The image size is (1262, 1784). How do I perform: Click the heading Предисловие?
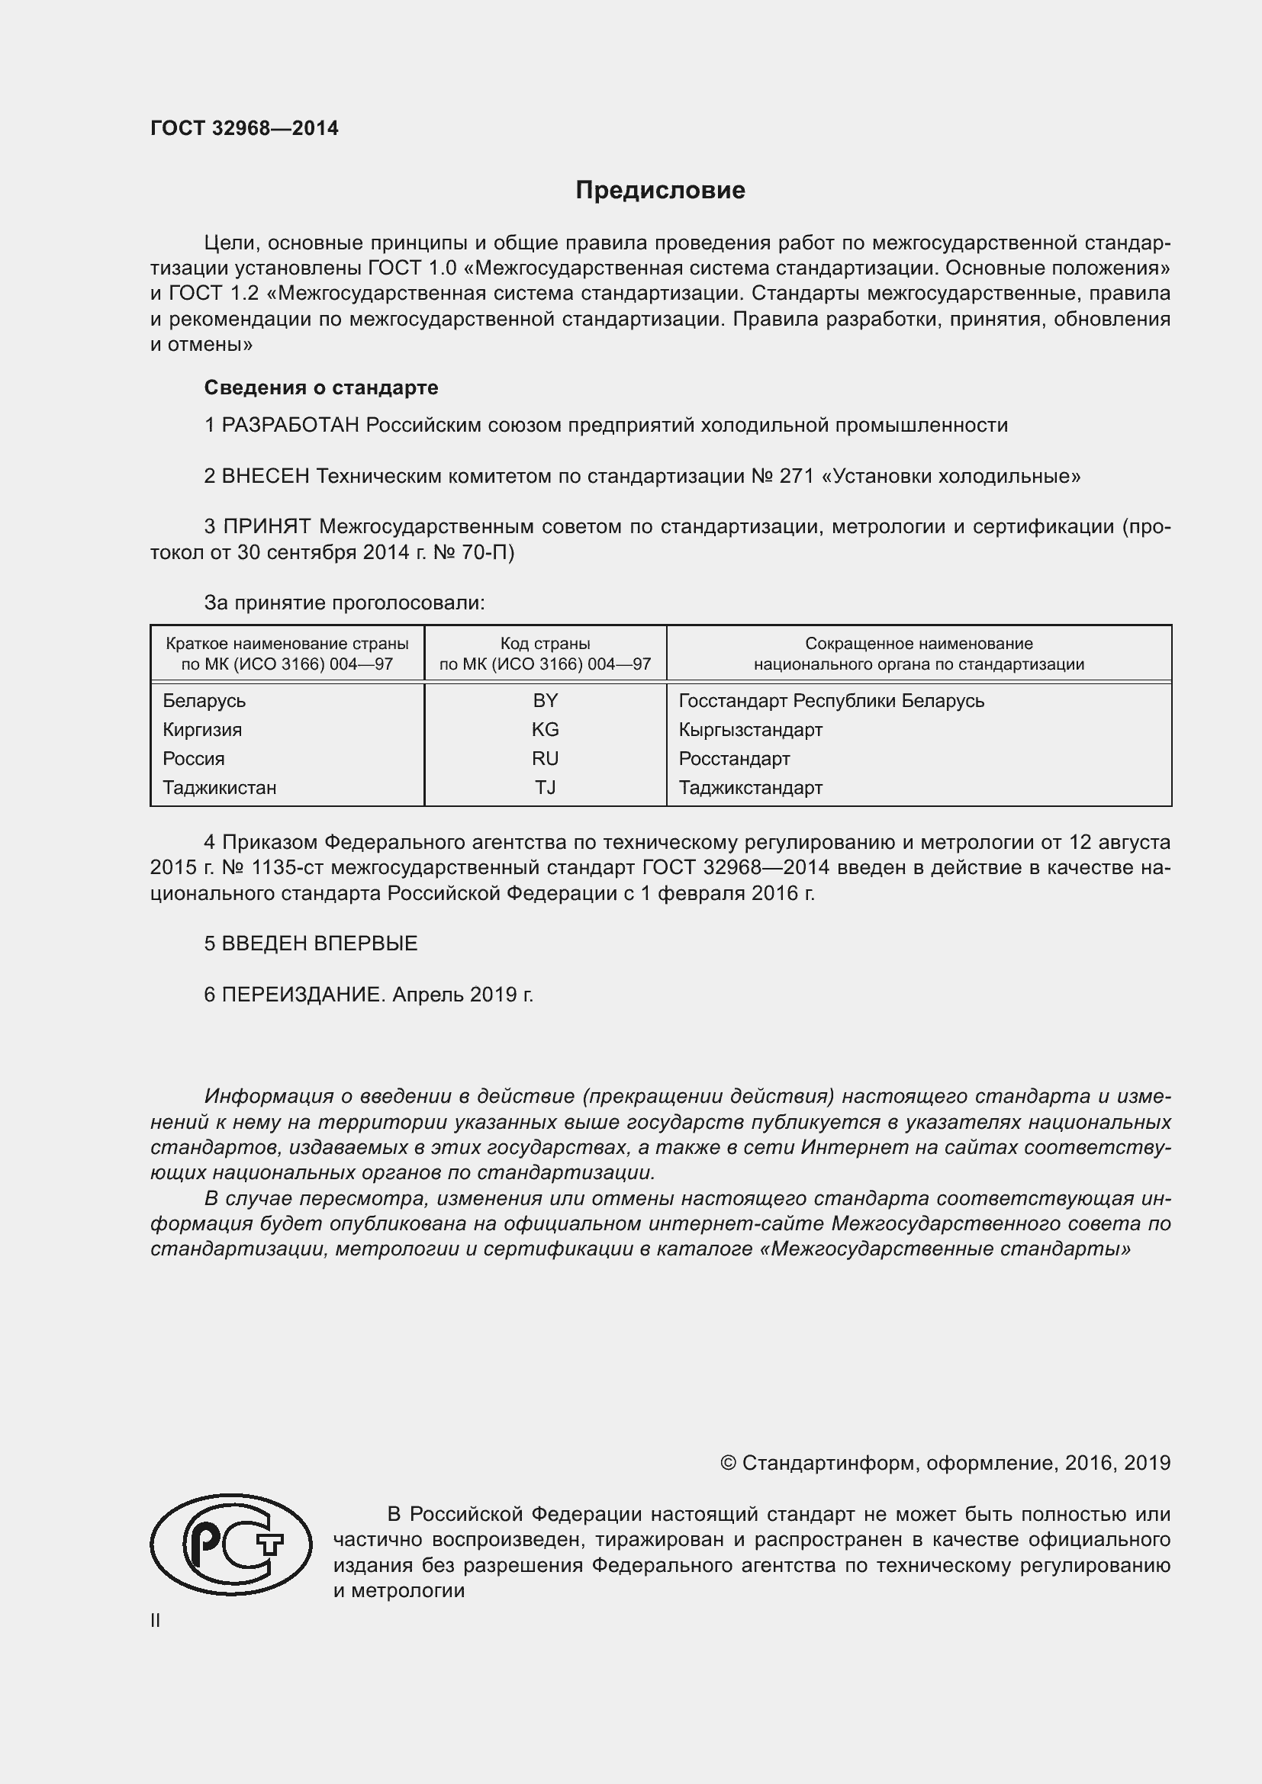660,191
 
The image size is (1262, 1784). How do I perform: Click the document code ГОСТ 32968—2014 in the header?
244,128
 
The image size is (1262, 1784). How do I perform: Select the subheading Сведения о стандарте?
321,387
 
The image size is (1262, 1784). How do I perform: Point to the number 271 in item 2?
796,475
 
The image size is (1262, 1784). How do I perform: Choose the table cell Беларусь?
204,700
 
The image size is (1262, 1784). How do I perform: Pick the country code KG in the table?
545,729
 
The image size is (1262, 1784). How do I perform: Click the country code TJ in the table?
545,787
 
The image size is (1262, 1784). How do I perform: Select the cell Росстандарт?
733,757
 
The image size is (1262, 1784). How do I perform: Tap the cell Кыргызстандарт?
750,729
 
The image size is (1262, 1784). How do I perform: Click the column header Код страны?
545,644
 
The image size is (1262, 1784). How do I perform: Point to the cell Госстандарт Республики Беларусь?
831,700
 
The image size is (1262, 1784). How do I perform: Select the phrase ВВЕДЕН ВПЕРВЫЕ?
320,943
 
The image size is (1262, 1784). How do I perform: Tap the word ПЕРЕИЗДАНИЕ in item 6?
303,994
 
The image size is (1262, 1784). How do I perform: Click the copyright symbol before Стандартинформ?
727,1463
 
